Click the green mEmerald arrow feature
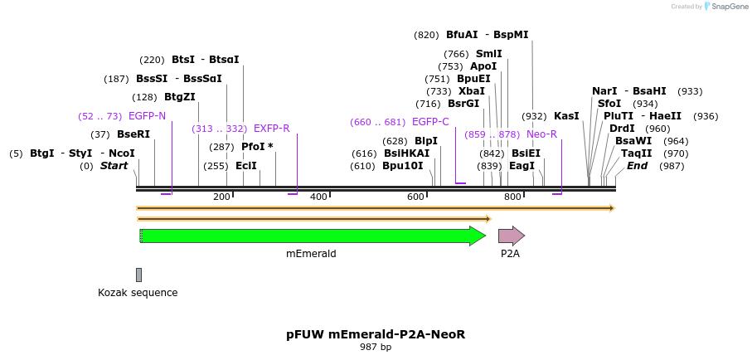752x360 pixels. (313, 236)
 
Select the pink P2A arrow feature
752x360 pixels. (511, 236)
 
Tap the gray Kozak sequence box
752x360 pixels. (138, 275)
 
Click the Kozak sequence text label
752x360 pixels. (138, 293)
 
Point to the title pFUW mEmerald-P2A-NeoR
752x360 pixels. (376, 334)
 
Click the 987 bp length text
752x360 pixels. (376, 348)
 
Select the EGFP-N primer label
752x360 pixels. (147, 116)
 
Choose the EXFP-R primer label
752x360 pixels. (271, 129)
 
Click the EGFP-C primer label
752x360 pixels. (430, 122)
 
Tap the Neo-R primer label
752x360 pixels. (541, 134)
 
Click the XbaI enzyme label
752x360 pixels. (471, 91)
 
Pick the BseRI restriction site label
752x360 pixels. (133, 134)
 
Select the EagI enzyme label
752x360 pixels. (522, 166)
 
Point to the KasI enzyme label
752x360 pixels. (566, 116)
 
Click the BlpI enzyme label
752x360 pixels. (425, 141)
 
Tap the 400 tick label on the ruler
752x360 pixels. (318, 197)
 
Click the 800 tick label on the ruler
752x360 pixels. (512, 197)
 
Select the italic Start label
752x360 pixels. (114, 166)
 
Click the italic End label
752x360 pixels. (637, 166)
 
